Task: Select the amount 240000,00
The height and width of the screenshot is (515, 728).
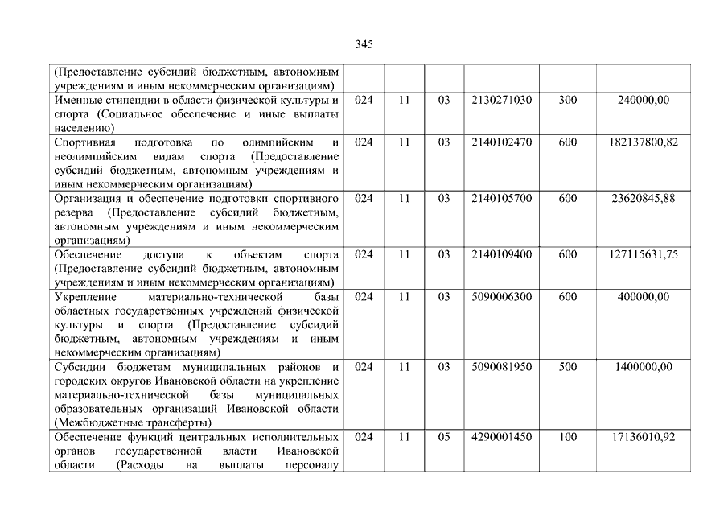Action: pyautogui.click(x=643, y=100)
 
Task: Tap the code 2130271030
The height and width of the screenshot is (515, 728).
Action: pyautogui.click(x=499, y=100)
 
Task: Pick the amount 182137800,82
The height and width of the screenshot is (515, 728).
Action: pyautogui.click(x=643, y=142)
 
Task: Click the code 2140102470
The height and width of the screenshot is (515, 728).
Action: pyautogui.click(x=499, y=142)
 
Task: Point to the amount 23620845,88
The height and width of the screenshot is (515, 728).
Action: pyautogui.click(x=643, y=198)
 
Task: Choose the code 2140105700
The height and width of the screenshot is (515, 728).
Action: pyautogui.click(x=499, y=198)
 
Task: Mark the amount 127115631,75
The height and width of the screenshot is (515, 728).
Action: pyautogui.click(x=643, y=254)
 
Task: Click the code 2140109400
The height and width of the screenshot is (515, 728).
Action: pyautogui.click(x=499, y=254)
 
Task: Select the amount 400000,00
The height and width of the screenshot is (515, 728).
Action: pyautogui.click(x=643, y=297)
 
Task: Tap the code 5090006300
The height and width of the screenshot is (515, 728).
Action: pyautogui.click(x=499, y=297)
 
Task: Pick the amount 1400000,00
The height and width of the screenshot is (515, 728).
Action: pyautogui.click(x=643, y=367)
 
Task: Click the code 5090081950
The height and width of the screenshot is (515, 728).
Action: pyautogui.click(x=499, y=367)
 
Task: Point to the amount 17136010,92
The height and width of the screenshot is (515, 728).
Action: pyautogui.click(x=643, y=437)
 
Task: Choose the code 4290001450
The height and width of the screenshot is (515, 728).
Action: pyautogui.click(x=499, y=437)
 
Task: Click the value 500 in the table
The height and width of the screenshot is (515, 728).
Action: pyautogui.click(x=567, y=367)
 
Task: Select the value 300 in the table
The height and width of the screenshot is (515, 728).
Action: pyautogui.click(x=567, y=100)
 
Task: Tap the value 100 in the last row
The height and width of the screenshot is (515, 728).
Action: pyautogui.click(x=567, y=437)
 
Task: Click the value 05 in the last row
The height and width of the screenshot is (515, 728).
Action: pyautogui.click(x=444, y=437)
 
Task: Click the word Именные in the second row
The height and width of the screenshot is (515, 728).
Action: pyautogui.click(x=76, y=100)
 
